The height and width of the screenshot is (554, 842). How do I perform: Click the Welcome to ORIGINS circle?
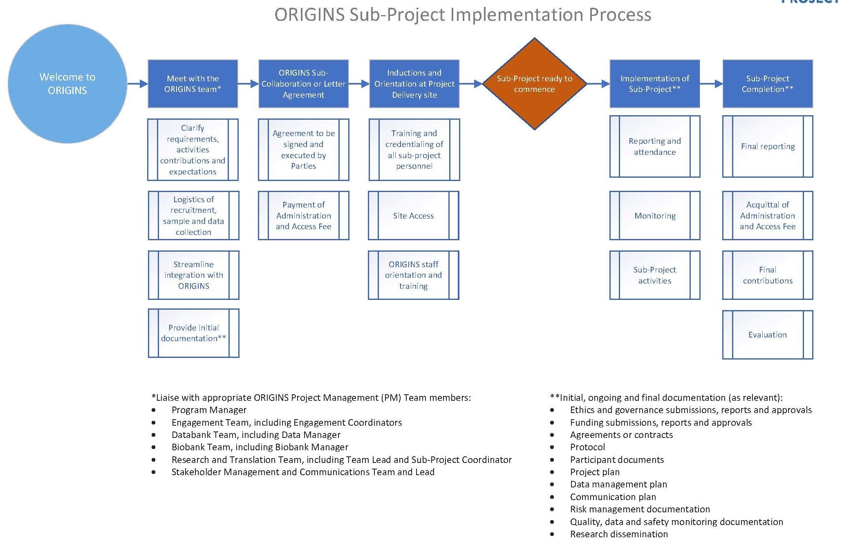(x=67, y=84)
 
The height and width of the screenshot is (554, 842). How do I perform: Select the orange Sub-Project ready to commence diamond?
(x=534, y=84)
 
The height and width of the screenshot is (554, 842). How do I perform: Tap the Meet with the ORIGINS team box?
(x=193, y=84)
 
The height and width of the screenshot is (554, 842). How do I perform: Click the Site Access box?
(x=413, y=215)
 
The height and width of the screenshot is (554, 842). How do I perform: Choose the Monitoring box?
(x=654, y=215)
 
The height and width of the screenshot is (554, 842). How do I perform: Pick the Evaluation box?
(x=767, y=335)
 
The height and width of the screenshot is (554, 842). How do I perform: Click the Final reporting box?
(x=767, y=146)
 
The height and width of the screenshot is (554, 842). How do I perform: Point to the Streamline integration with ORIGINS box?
(x=193, y=275)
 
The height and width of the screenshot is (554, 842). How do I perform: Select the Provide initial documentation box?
(x=193, y=333)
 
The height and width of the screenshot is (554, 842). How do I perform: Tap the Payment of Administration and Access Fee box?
(x=303, y=215)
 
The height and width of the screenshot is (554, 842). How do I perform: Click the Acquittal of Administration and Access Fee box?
(x=767, y=215)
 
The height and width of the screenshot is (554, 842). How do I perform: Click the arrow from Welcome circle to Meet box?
(x=137, y=84)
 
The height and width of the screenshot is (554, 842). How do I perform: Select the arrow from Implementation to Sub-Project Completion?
(x=711, y=84)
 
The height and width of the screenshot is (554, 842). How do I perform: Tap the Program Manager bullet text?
(x=209, y=410)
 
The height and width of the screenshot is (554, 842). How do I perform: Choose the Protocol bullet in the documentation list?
(x=587, y=447)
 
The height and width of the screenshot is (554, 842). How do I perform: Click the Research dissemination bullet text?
(x=619, y=534)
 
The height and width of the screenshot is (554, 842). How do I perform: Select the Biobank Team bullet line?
(x=260, y=447)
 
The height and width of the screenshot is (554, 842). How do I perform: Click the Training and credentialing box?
(x=414, y=150)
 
